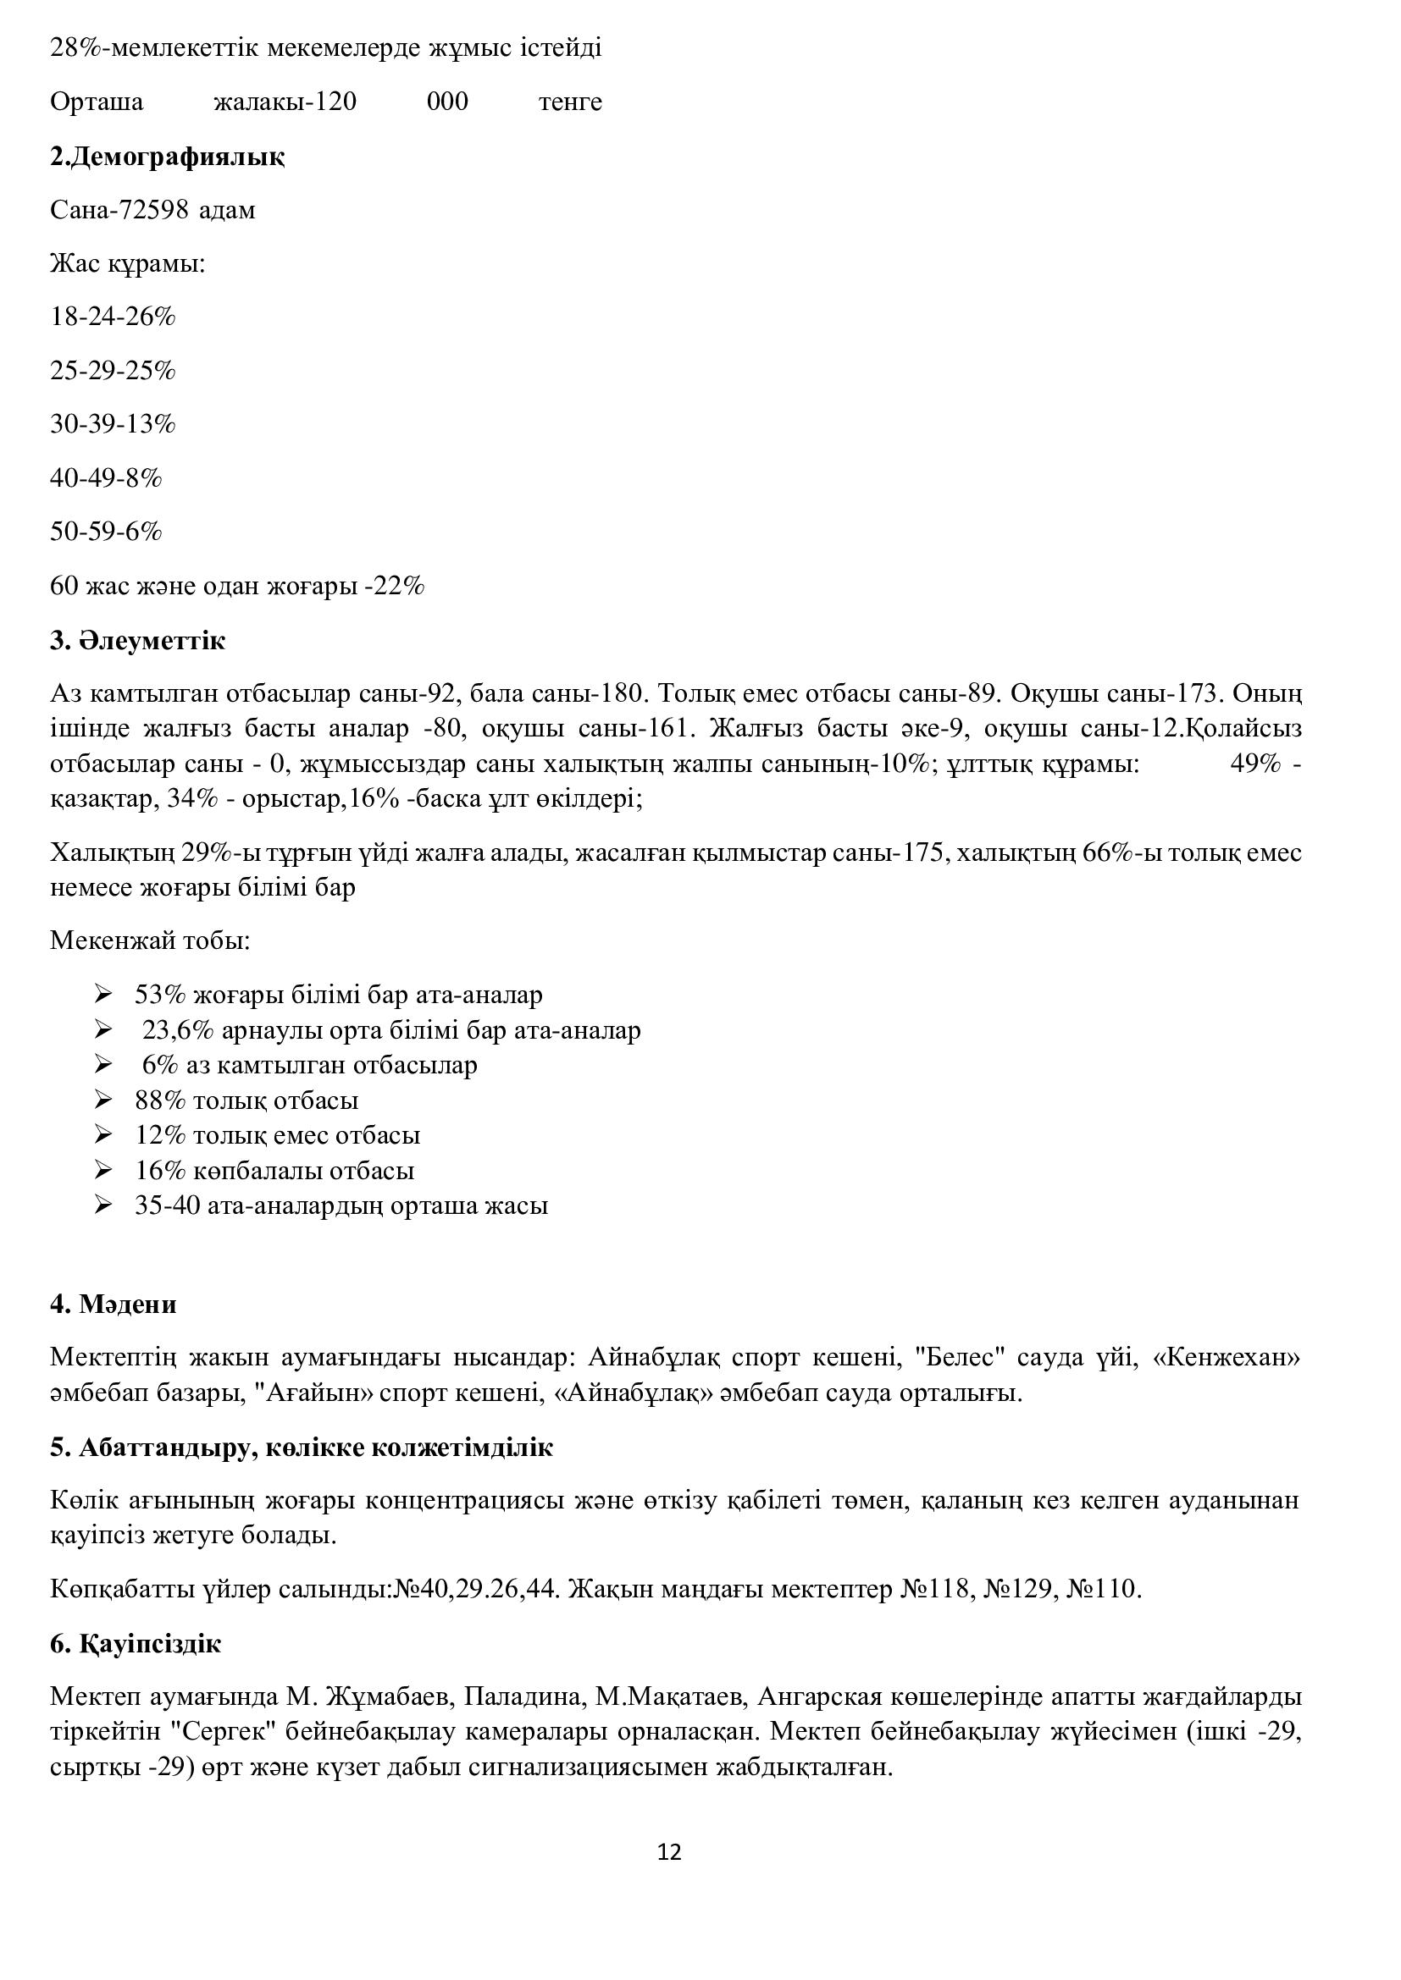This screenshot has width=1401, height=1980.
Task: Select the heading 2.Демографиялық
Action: [x=168, y=157]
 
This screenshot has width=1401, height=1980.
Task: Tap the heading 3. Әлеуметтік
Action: [x=138, y=641]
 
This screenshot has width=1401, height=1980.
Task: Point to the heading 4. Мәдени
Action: [x=113, y=1304]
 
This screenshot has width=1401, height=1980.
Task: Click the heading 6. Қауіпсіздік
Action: [x=136, y=1644]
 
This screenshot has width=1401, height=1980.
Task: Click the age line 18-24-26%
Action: [x=113, y=317]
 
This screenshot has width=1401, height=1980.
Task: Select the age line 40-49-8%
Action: [x=106, y=477]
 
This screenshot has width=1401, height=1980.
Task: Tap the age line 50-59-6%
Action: [x=106, y=532]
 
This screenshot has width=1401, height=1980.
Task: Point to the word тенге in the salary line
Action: [x=570, y=102]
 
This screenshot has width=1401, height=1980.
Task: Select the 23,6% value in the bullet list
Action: [x=178, y=1030]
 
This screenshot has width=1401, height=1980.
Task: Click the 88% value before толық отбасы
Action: [x=160, y=1100]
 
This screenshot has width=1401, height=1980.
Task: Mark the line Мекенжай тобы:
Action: [x=150, y=940]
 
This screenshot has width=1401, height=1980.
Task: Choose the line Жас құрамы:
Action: [x=128, y=263]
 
